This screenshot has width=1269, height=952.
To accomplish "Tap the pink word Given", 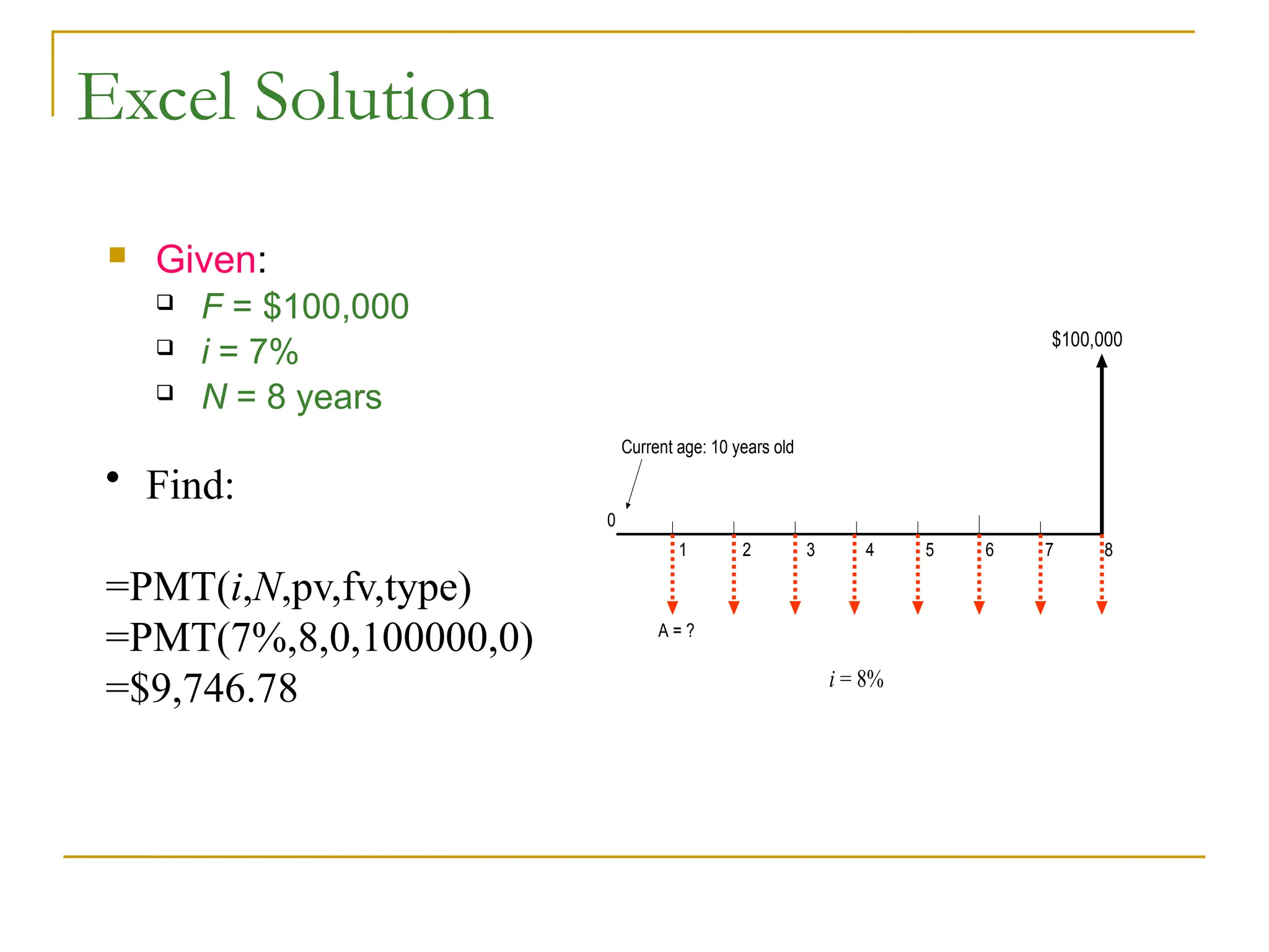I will click(206, 259).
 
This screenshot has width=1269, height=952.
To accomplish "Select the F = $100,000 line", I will click(305, 306).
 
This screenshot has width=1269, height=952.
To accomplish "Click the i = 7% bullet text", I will click(250, 351).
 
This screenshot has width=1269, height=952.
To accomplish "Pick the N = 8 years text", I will click(292, 397).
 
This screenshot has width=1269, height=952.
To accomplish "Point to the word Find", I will click(190, 485).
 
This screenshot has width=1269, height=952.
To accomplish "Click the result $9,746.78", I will click(201, 688).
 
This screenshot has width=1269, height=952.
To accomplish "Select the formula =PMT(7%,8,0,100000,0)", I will click(319, 638).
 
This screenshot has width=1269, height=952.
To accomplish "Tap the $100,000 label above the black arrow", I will click(1087, 340).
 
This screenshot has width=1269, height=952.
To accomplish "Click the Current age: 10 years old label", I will click(707, 447).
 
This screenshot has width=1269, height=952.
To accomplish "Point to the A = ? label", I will click(676, 630).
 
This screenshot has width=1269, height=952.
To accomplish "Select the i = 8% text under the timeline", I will click(856, 679).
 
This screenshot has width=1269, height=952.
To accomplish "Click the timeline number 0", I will click(612, 520).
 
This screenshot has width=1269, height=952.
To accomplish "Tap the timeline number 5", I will click(929, 550).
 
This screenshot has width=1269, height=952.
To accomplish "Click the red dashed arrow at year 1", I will click(672, 574).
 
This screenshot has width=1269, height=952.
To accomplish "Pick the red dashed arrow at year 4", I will click(855, 574).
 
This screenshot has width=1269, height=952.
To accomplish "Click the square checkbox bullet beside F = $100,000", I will click(165, 302).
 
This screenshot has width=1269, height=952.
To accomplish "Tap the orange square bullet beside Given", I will click(117, 255).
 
